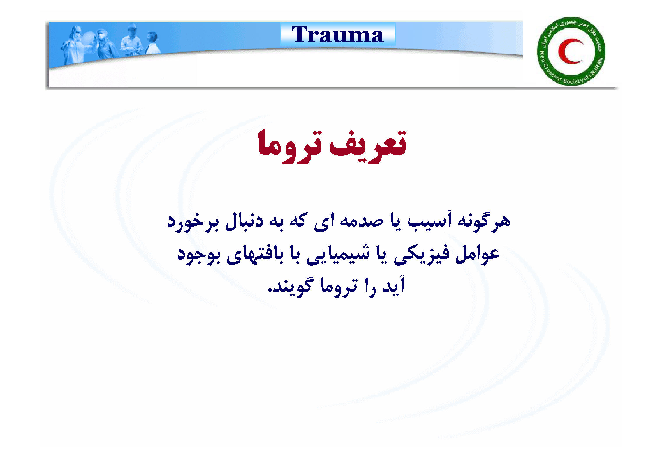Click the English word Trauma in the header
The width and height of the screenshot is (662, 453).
(x=337, y=35)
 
